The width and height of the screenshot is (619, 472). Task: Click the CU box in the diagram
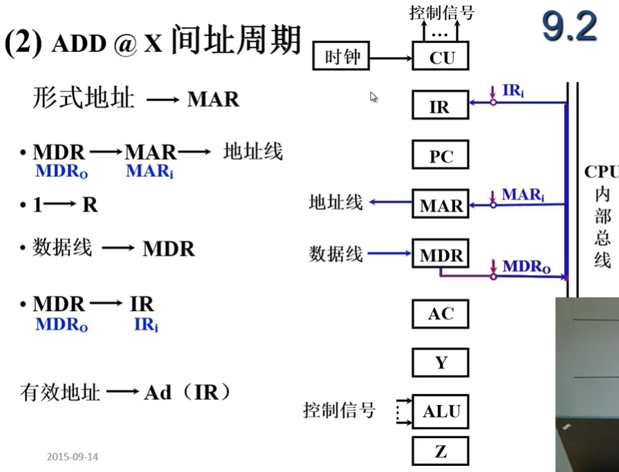pyautogui.click(x=441, y=57)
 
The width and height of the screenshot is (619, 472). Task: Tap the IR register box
pyautogui.click(x=441, y=106)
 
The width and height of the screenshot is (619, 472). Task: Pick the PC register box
pyautogui.click(x=441, y=156)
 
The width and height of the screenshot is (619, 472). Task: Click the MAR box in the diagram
pyautogui.click(x=441, y=205)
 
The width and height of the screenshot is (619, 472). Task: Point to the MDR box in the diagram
pyautogui.click(x=441, y=255)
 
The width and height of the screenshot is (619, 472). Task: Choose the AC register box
pyautogui.click(x=441, y=314)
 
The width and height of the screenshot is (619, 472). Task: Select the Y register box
pyautogui.click(x=441, y=363)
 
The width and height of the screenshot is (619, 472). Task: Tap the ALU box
pyautogui.click(x=441, y=411)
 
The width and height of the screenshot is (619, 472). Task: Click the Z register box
pyautogui.click(x=441, y=451)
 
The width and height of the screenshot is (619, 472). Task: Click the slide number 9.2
pyautogui.click(x=569, y=28)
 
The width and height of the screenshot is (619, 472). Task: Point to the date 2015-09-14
pyautogui.click(x=73, y=457)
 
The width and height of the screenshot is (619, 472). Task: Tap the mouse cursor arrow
pyautogui.click(x=373, y=97)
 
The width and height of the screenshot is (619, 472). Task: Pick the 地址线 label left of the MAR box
pyautogui.click(x=335, y=202)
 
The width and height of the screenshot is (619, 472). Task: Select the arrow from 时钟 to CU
pyautogui.click(x=391, y=57)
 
